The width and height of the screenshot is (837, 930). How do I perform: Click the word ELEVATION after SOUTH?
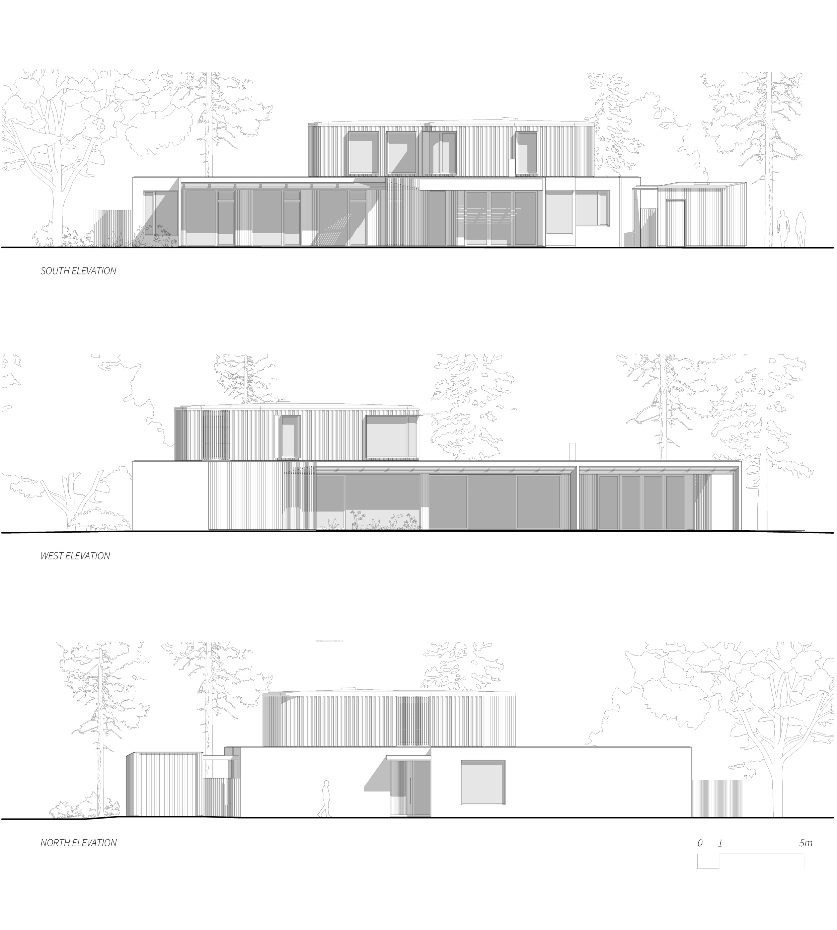pyautogui.click(x=94, y=271)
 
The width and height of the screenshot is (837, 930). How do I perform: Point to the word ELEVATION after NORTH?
pyautogui.click(x=95, y=843)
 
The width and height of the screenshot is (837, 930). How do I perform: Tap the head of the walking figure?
pyautogui.click(x=326, y=783)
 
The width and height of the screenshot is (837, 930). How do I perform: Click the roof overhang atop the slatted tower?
pyautogui.click(x=278, y=693)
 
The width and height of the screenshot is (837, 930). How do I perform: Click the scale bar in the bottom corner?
pyautogui.click(x=751, y=861)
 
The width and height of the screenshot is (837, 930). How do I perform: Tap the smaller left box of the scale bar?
pyautogui.click(x=708, y=861)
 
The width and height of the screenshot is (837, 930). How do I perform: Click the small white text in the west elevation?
pyautogui.click(x=420, y=414)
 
